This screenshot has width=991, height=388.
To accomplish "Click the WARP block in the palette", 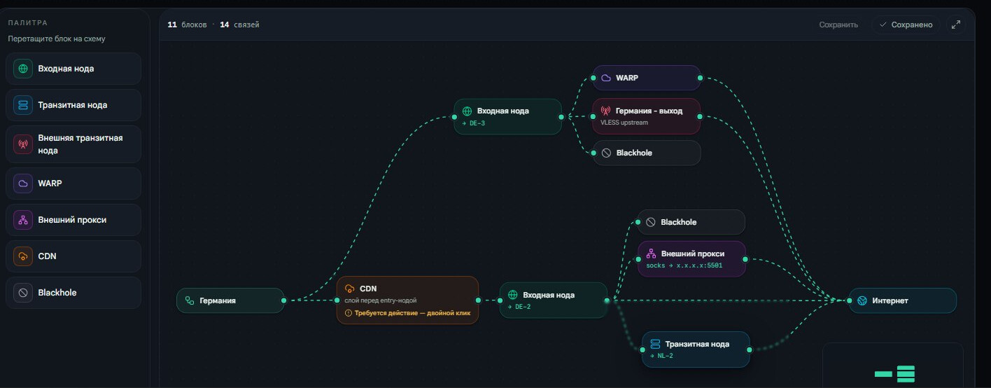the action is tap(73, 183).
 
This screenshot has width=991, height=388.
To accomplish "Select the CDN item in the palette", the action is tap(73, 256).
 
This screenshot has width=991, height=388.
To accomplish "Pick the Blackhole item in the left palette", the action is tap(73, 293).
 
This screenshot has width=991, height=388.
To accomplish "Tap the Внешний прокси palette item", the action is tap(73, 220).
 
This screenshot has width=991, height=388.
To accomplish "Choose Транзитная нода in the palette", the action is tap(73, 105).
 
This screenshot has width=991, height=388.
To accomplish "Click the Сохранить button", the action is tap(838, 25).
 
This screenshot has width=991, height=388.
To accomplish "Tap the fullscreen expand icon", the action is tap(956, 25).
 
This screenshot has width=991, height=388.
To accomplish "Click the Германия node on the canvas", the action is tap(230, 300).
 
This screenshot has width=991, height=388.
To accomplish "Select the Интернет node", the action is tap(903, 300).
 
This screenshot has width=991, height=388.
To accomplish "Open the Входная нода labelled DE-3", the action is tap(507, 116).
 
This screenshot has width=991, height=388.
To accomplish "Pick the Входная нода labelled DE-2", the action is tap(553, 300).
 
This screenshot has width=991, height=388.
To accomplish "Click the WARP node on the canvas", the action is tap(647, 78).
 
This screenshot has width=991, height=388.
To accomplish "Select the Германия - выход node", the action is tap(647, 116).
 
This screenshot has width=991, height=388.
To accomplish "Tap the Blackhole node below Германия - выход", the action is tap(647, 153).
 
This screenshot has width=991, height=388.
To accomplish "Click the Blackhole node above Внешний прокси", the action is tap(691, 222).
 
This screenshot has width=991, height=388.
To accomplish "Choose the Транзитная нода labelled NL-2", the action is tap(696, 349).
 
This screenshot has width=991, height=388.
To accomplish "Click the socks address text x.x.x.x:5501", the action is tap(699, 265).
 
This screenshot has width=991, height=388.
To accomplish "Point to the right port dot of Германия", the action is tap(284, 300).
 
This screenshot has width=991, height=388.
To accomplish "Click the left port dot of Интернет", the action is tap(849, 300).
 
